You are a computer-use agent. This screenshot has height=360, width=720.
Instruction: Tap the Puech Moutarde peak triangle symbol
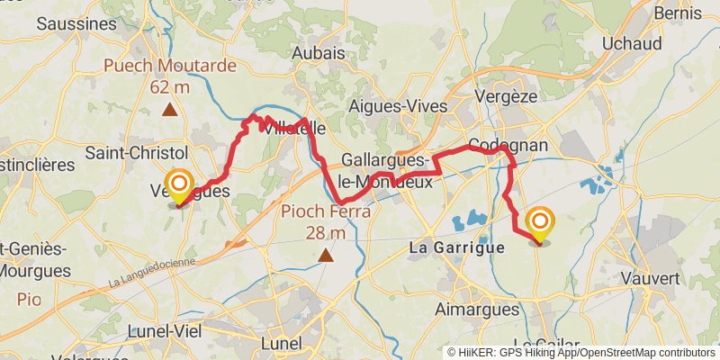click(169, 111)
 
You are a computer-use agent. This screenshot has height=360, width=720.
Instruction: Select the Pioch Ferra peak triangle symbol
click(326, 256)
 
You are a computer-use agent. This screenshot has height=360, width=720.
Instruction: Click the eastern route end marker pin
click(541, 225)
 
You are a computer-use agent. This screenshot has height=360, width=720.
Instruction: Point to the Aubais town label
click(319, 54)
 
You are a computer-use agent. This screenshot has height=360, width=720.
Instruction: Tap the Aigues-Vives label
click(398, 106)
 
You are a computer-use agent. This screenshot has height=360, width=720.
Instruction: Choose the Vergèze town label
click(502, 95)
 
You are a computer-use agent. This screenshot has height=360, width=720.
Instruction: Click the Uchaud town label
click(632, 43)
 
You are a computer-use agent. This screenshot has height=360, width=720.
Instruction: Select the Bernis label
click(678, 13)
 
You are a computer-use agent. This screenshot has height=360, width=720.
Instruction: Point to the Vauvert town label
click(648, 279)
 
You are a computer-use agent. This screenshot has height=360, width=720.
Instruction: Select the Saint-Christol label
click(136, 153)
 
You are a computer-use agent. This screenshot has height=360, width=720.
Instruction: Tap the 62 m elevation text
click(169, 87)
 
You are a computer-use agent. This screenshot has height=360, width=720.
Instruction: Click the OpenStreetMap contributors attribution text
click(645, 353)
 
